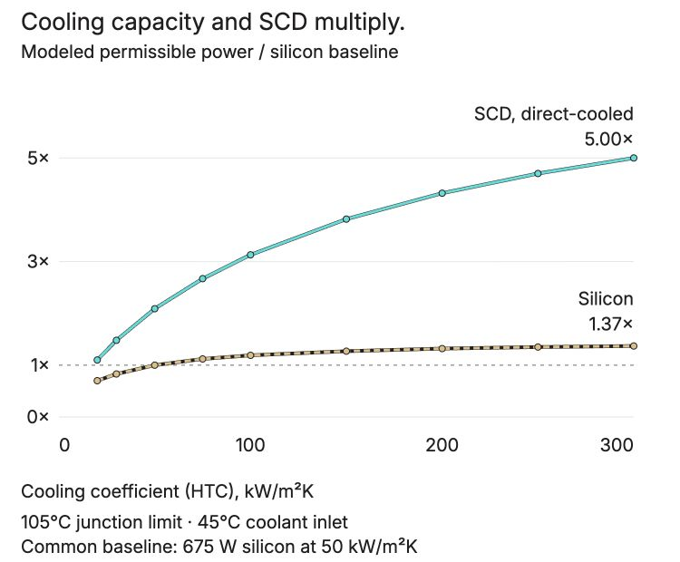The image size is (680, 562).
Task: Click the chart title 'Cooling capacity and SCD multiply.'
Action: click(213, 22)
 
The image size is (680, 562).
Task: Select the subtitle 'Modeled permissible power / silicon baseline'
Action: click(209, 52)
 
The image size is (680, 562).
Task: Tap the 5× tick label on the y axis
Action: click(38, 159)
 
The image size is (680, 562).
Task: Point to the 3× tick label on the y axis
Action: click(38, 261)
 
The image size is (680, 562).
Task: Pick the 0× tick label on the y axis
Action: click(38, 417)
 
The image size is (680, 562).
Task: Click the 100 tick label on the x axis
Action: click(250, 445)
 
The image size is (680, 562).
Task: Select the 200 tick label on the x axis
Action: click(442, 445)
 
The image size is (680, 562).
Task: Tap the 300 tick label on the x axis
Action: click(617, 445)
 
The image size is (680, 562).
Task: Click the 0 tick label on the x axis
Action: click(64, 445)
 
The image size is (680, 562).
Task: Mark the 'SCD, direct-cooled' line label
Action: click(553, 114)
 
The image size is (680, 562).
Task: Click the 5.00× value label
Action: click(608, 140)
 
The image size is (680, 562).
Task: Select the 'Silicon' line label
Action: click(606, 299)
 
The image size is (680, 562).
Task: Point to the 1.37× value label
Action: click(610, 324)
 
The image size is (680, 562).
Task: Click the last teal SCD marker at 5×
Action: click(634, 158)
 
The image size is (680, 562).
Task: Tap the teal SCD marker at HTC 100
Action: click(250, 255)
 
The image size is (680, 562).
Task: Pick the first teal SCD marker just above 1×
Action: click(97, 360)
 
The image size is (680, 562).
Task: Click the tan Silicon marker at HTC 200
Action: click(442, 348)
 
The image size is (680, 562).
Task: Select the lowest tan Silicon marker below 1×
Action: click(97, 381)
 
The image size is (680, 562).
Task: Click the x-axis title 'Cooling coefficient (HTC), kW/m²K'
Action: click(167, 491)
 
